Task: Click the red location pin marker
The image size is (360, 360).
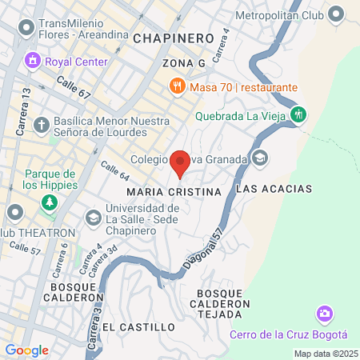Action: [181, 162]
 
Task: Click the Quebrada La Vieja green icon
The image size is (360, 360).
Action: [298, 114]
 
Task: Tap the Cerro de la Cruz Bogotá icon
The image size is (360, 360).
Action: [325, 313]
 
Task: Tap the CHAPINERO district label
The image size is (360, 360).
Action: [174, 38]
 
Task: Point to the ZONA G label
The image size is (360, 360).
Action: [184, 62]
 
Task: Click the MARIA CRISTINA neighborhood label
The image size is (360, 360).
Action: [174, 193]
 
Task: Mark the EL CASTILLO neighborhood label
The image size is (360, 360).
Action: [138, 327]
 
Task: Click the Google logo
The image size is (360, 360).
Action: [26, 350]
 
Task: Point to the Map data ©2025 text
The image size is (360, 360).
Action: [326, 354]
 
